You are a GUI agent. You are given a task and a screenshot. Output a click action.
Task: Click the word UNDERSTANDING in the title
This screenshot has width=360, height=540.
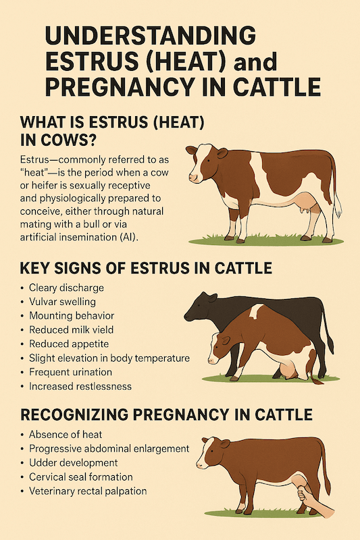click(x=150, y=35)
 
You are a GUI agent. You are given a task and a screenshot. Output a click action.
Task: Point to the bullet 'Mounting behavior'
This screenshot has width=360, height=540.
click(x=72, y=315)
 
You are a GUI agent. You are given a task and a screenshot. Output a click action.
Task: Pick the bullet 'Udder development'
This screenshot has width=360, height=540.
click(x=74, y=463)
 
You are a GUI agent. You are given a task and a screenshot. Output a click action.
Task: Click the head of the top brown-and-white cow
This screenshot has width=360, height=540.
click(x=201, y=163)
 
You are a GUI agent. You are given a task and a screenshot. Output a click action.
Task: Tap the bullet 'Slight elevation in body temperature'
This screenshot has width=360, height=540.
click(x=109, y=358)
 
